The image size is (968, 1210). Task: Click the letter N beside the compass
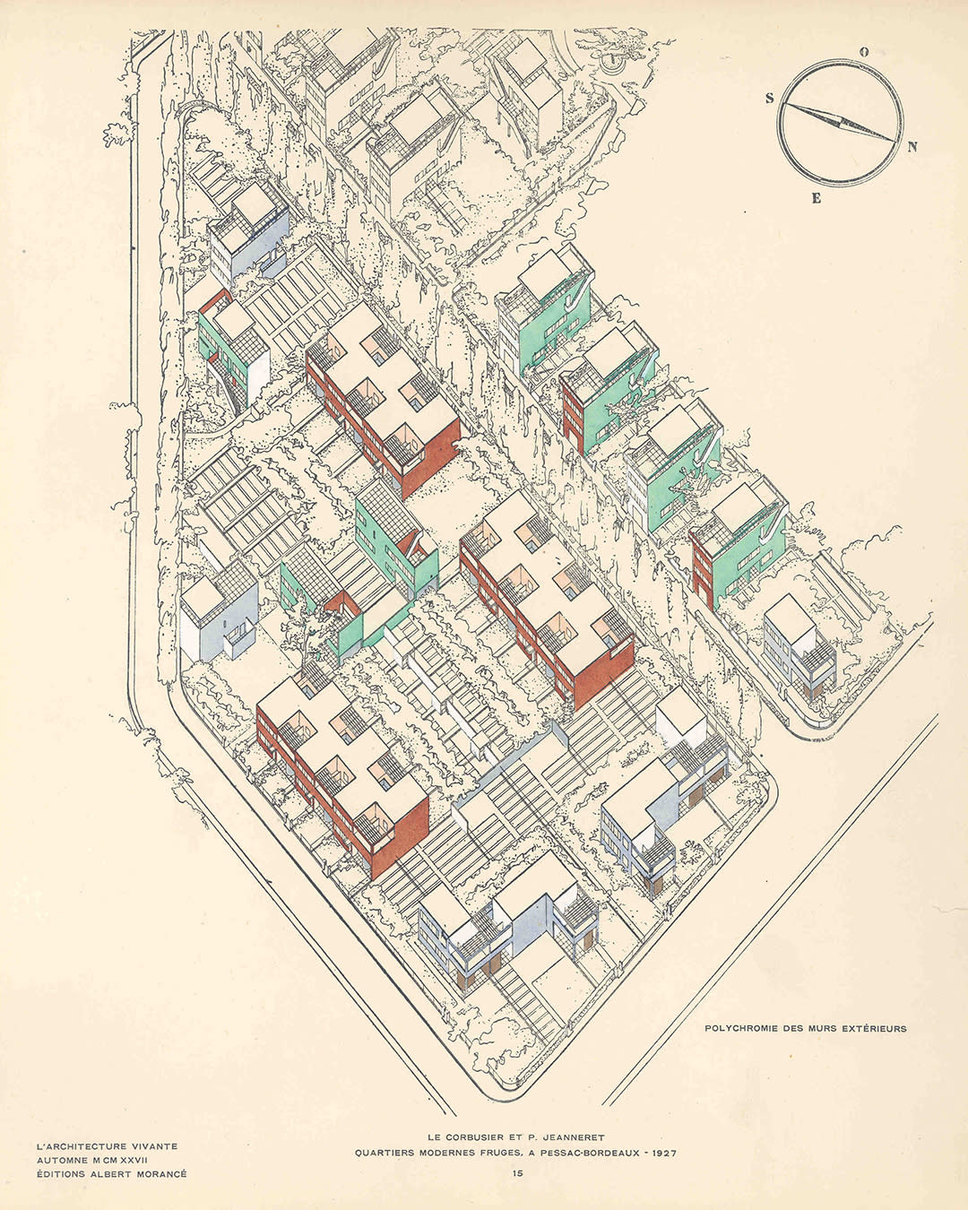tap(912, 148)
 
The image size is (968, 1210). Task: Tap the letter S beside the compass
tap(769, 99)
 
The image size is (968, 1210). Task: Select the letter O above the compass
tap(864, 52)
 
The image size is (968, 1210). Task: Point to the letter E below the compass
tap(816, 199)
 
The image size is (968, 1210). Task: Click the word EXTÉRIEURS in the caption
tap(874, 1028)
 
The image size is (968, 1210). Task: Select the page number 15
tap(518, 1172)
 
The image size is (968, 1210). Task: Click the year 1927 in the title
tap(660, 1153)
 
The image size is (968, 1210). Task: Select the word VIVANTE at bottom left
tap(151, 1145)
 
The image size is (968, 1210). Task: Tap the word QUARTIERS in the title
tap(386, 1153)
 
